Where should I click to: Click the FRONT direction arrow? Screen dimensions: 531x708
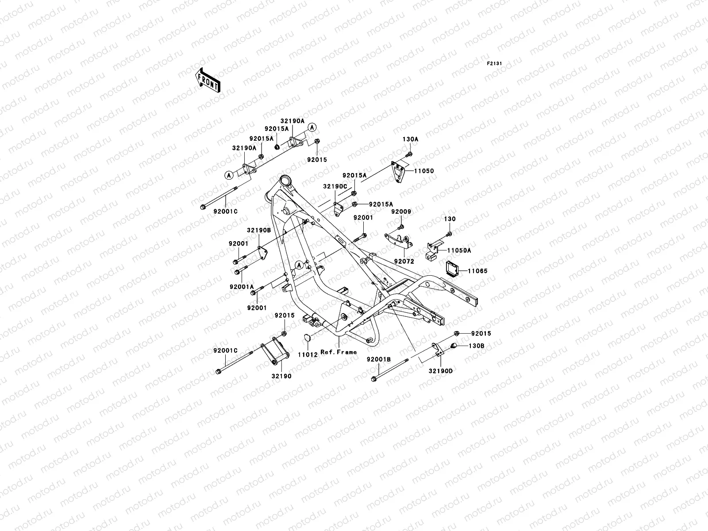coord(214,80)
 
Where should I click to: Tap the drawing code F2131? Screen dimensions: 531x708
coord(494,64)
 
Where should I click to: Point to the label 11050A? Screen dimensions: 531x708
coord(459,250)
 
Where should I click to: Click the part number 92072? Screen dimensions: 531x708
coord(403,262)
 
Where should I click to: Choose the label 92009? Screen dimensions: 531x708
coord(401,212)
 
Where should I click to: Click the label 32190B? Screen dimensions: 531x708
coord(258,231)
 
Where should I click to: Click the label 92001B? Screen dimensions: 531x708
coord(378,360)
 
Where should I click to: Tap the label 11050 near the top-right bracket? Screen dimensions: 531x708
coord(424,171)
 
